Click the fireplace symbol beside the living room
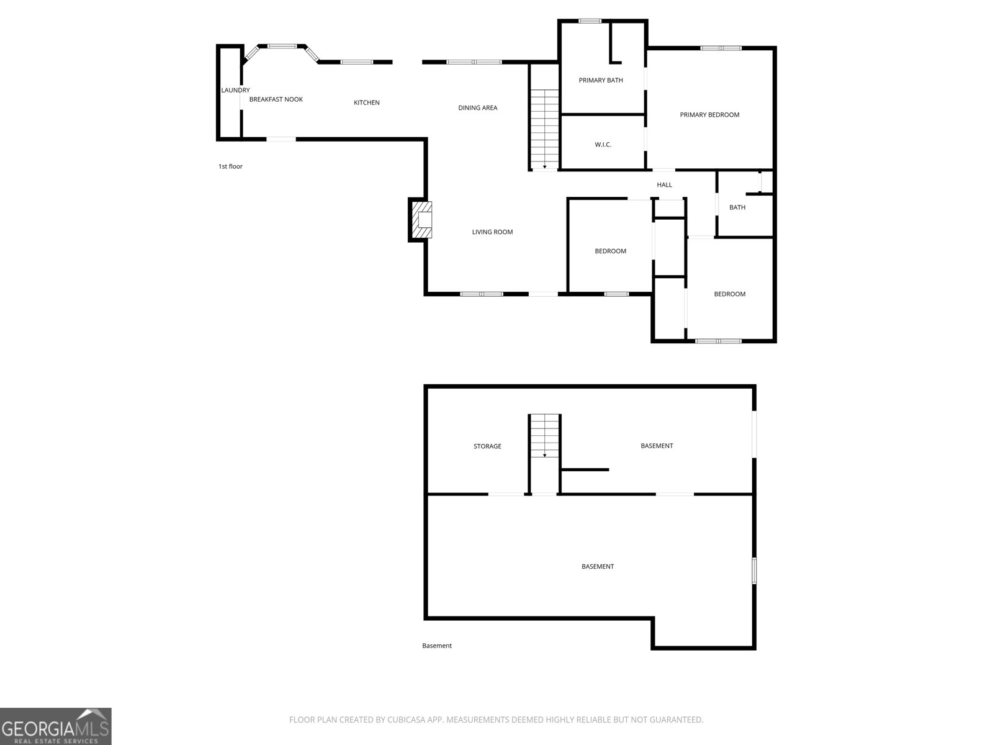(x=421, y=220)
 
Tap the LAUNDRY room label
(x=235, y=90)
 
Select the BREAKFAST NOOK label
(x=276, y=99)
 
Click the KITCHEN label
(x=366, y=102)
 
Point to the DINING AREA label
(x=478, y=107)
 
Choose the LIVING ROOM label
(x=492, y=232)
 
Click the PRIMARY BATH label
(x=601, y=80)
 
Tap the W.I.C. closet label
(x=603, y=145)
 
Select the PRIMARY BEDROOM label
(x=709, y=115)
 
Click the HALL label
(x=664, y=184)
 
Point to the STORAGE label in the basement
(x=487, y=446)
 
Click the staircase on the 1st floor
(x=545, y=129)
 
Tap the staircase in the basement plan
(x=545, y=436)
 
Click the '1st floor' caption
(x=230, y=166)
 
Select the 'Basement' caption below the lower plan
(x=436, y=646)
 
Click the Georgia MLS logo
(x=56, y=726)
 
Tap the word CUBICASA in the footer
(x=407, y=719)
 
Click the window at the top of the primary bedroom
(x=721, y=48)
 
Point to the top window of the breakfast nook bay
(x=282, y=46)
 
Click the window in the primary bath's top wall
(x=590, y=21)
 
